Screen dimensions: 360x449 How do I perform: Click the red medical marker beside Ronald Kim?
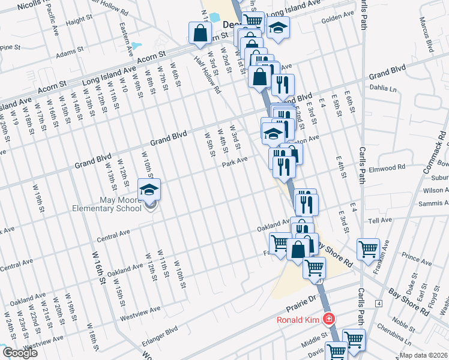(x=328, y=319)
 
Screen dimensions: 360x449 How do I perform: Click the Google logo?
(x=20, y=353)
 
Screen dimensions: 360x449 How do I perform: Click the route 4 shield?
(x=379, y=304)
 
